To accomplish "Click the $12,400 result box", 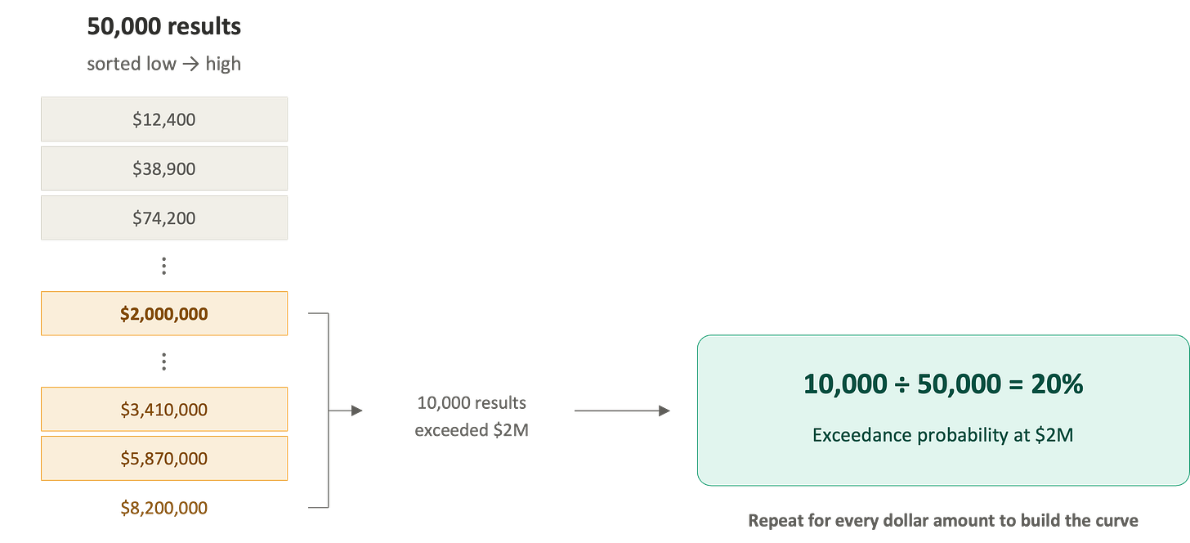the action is coord(164,119).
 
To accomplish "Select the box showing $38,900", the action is coord(164,168).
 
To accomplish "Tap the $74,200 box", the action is coord(164,218).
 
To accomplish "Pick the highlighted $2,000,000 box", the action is coord(164,313).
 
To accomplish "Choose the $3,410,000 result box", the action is coord(164,409).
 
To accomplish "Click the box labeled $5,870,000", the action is coord(164,458).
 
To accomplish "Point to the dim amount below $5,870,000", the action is coord(164,508).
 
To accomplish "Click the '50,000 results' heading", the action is coord(164,26).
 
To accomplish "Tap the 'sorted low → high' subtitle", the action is coord(164,64).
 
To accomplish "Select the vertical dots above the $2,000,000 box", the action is coord(163,265).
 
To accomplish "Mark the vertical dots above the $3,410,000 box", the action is coord(163,361).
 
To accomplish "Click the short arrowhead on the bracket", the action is coord(355,411).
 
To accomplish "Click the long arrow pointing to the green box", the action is coord(621,411).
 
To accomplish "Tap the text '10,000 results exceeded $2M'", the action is coord(472,417).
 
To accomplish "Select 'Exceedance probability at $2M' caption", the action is coord(942,436).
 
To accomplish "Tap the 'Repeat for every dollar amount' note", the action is coord(942,520).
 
